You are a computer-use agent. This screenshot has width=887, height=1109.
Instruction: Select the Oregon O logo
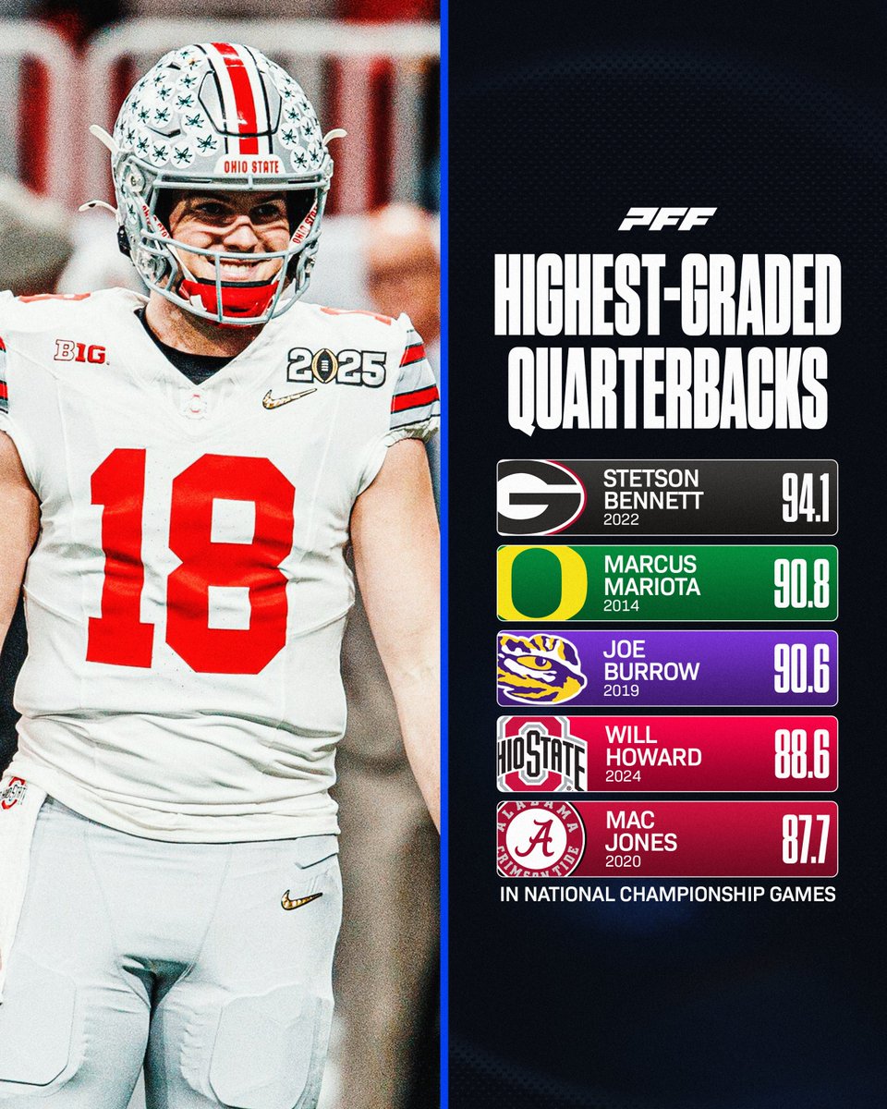coord(541,583)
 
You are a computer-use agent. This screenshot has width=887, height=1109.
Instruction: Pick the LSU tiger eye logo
coord(541,668)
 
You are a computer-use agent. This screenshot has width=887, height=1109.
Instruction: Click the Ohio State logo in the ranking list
coord(541,754)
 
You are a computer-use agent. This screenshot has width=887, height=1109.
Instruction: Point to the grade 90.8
coord(800,584)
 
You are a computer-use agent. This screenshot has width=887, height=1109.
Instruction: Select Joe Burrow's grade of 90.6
coord(800,669)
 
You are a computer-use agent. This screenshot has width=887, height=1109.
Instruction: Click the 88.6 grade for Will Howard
coord(800,754)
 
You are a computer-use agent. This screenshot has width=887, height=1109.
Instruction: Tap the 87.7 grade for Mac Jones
coord(802,839)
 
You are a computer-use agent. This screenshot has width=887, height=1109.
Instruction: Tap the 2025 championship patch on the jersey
coord(335,367)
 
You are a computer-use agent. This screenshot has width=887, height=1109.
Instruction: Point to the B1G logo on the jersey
coord(80,351)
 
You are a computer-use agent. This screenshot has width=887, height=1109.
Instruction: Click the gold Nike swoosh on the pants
coord(302,899)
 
